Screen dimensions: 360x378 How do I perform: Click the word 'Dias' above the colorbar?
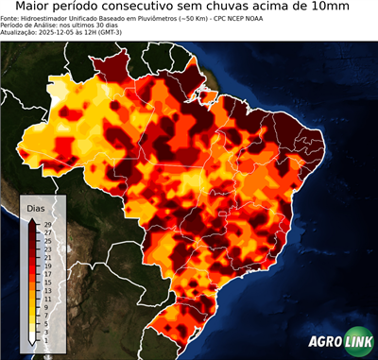point(36,207)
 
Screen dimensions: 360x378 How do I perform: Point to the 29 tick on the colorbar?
point(46,224)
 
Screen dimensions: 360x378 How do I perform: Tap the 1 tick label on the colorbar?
point(46,339)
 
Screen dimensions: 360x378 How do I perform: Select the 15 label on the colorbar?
point(46,282)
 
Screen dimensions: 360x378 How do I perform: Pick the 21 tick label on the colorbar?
point(46,257)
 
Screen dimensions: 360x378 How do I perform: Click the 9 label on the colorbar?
point(46,306)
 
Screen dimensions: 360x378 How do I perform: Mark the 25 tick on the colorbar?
point(46,240)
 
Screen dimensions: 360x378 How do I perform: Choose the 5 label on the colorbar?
point(46,322)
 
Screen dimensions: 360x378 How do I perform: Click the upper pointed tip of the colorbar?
point(32,219)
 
